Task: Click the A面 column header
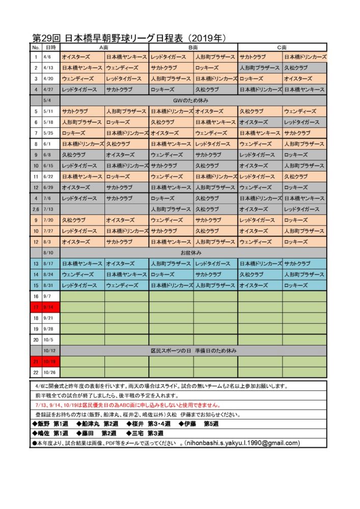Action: tap(104, 47)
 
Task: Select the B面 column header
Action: tap(193, 47)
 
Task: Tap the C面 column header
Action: tap(282, 47)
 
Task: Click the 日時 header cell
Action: tap(50, 47)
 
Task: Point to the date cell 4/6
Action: tap(48, 57)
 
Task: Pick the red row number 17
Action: tap(36, 307)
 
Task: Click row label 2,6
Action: tap(36, 209)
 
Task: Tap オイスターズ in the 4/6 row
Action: tap(76, 57)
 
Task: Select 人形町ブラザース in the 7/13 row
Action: tap(171, 209)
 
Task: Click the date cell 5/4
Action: tap(48, 100)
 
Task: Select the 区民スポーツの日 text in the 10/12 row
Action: tap(171, 351)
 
